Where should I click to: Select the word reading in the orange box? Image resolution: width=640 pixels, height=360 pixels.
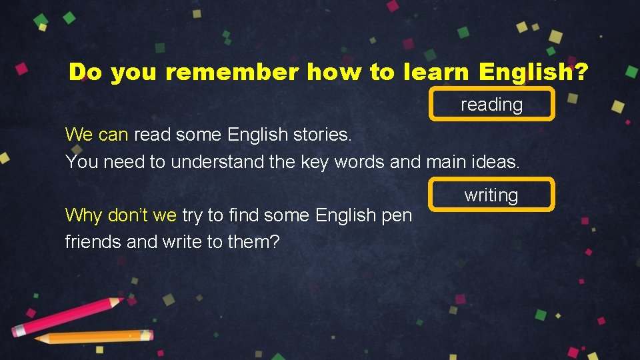491,105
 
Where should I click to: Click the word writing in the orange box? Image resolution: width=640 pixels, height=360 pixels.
491,195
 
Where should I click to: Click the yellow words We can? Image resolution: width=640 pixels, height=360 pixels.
97,135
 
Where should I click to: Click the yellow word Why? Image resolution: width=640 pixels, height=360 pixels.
83,215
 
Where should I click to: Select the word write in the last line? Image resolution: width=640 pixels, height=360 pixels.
182,241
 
